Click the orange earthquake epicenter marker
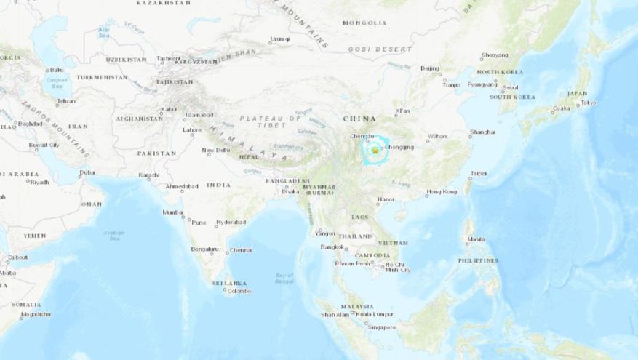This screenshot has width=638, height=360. pyautogui.click(x=374, y=150)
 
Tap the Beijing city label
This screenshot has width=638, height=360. pyautogui.click(x=430, y=68)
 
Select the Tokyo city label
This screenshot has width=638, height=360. pyautogui.click(x=588, y=103)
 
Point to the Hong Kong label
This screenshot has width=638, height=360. pyautogui.click(x=442, y=191)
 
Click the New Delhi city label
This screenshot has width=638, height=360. pyautogui.click(x=216, y=151)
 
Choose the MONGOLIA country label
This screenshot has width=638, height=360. pyautogui.click(x=366, y=23)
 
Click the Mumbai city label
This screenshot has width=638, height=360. pyautogui.click(x=173, y=212)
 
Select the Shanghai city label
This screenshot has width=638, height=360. pyautogui.click(x=483, y=132)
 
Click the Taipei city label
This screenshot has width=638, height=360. pyautogui.click(x=479, y=174)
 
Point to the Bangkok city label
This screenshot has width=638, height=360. pyautogui.click(x=332, y=247)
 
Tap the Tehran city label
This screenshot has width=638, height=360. pyautogui.click(x=66, y=101)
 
